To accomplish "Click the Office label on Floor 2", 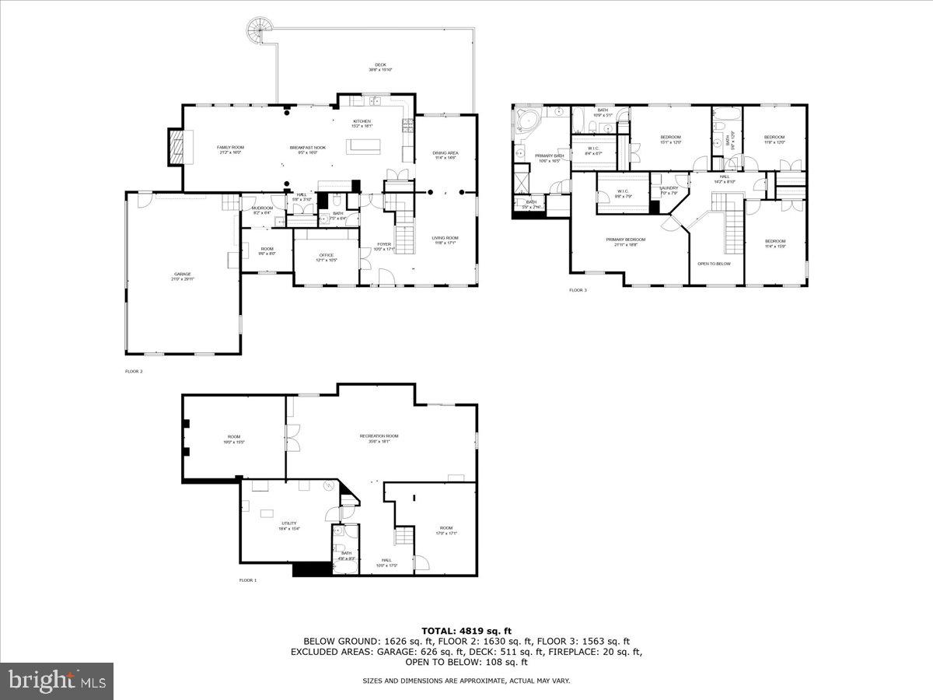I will pyautogui.click(x=326, y=257).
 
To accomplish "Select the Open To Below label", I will pyautogui.click(x=714, y=264).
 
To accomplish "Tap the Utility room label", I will pyautogui.click(x=289, y=525).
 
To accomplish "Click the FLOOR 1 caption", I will pyautogui.click(x=248, y=580).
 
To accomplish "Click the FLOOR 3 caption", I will pyautogui.click(x=578, y=290).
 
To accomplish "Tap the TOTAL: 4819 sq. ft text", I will pyautogui.click(x=466, y=631).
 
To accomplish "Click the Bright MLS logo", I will pyautogui.click(x=57, y=681).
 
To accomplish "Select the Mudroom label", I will pyautogui.click(x=262, y=209).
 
